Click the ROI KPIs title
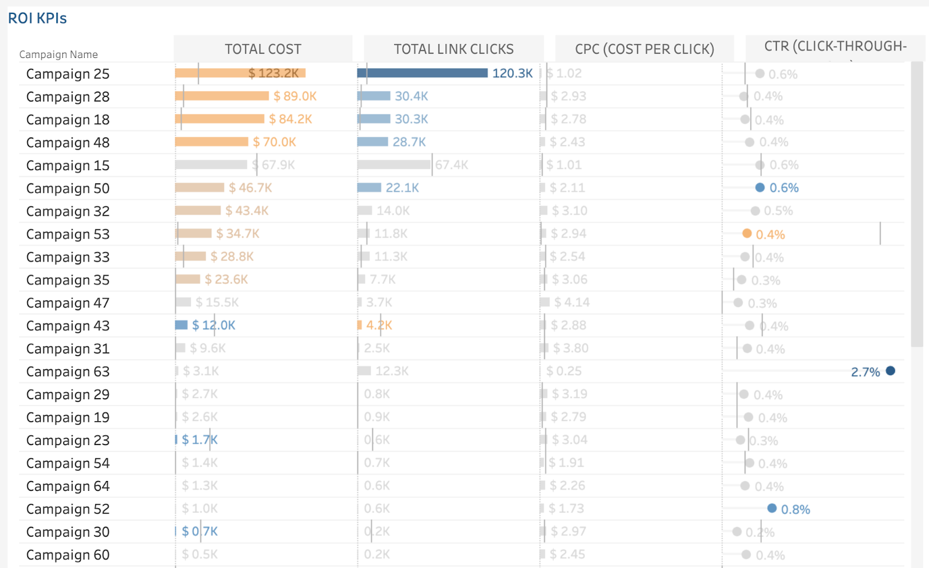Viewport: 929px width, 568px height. point(37,19)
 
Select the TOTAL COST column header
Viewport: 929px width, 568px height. point(263,49)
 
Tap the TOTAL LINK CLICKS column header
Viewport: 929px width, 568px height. point(453,49)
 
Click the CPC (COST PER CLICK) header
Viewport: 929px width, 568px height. point(644,49)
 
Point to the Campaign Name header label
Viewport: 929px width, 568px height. point(58,55)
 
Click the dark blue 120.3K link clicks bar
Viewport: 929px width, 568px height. point(422,73)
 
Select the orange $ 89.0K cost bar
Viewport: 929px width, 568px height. point(222,96)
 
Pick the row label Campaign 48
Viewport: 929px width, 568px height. point(67,143)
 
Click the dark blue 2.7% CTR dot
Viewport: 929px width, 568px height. point(890,371)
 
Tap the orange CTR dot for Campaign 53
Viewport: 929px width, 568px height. point(747,234)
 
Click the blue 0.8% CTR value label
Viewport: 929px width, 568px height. point(795,509)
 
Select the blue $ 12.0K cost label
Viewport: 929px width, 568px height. point(214,325)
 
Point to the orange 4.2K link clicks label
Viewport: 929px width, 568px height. point(379,325)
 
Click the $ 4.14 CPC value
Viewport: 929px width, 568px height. point(571,302)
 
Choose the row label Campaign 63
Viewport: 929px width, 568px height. point(67,372)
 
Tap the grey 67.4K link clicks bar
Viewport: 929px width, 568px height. point(394,165)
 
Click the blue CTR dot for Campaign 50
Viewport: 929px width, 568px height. point(759,187)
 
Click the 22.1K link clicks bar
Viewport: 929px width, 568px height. point(369,188)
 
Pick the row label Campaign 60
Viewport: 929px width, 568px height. point(67,555)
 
